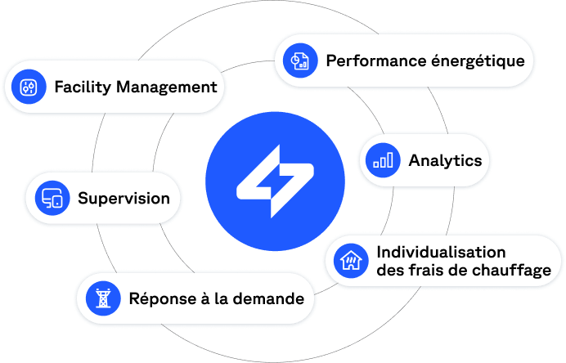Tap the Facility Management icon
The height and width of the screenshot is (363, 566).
[29, 87]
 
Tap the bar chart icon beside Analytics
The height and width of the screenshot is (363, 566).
[383, 160]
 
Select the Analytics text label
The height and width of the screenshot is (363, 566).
[445, 160]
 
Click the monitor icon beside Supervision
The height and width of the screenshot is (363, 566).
[52, 198]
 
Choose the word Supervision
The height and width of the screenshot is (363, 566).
[124, 198]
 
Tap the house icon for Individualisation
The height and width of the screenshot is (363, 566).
[351, 261]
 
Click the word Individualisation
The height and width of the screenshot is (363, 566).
[441, 252]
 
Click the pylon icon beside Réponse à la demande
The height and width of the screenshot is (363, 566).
[103, 298]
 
